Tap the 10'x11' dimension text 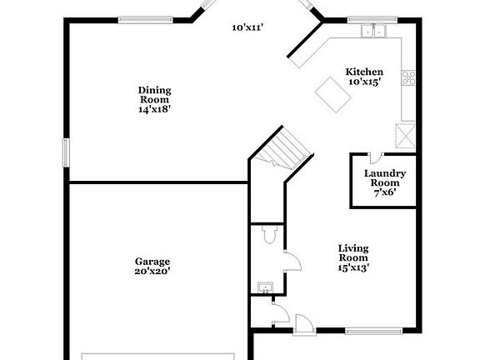[x=247, y=27]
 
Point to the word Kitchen [x=364, y=72]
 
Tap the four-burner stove [x=409, y=78]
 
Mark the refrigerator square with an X [x=406, y=135]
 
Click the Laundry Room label [x=385, y=178]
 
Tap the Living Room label [x=353, y=252]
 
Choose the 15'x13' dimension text [x=353, y=267]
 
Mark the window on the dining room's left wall [x=66, y=153]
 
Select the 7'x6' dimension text [x=384, y=192]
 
